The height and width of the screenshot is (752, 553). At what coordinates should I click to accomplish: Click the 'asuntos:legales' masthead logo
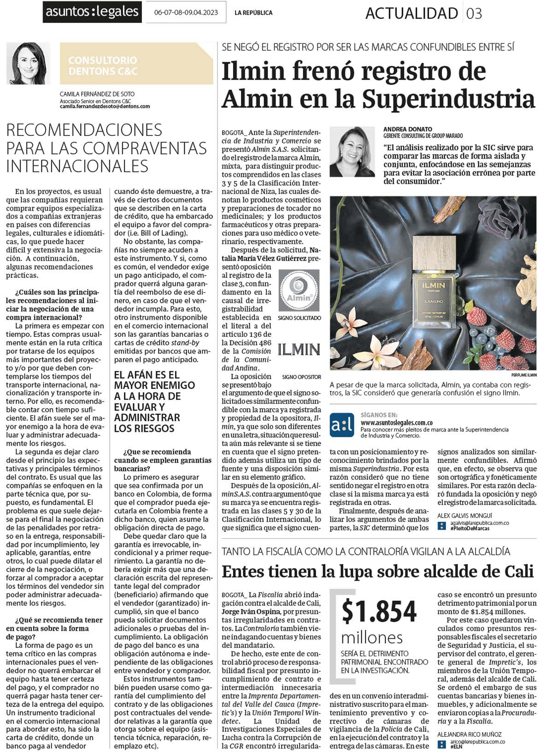click(x=92, y=12)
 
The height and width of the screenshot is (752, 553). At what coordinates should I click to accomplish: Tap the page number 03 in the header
click(x=474, y=13)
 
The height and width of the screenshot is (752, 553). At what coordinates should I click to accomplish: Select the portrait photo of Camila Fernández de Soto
click(x=29, y=63)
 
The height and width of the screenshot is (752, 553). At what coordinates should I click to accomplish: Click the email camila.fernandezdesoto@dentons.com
click(x=105, y=106)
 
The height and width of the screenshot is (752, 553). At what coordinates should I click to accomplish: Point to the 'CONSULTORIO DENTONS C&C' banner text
click(x=102, y=65)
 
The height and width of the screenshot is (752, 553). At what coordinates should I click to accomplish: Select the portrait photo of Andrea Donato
click(x=352, y=152)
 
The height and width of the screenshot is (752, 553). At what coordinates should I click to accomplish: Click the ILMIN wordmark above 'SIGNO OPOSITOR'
click(x=299, y=350)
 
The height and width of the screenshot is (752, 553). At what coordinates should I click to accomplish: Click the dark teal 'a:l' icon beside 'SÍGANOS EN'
click(x=341, y=425)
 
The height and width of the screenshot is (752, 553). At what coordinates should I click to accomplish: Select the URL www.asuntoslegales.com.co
click(x=396, y=423)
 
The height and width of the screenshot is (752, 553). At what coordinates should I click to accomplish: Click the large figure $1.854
click(x=379, y=611)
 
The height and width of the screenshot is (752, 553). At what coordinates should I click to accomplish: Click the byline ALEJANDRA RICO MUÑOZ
click(x=469, y=734)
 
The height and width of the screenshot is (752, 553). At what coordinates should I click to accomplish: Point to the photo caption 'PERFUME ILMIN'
click(x=524, y=375)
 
